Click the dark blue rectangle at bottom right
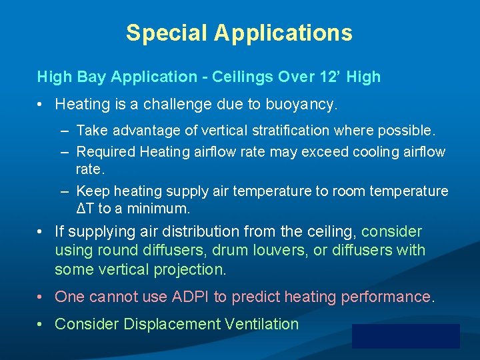coord(405,336)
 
